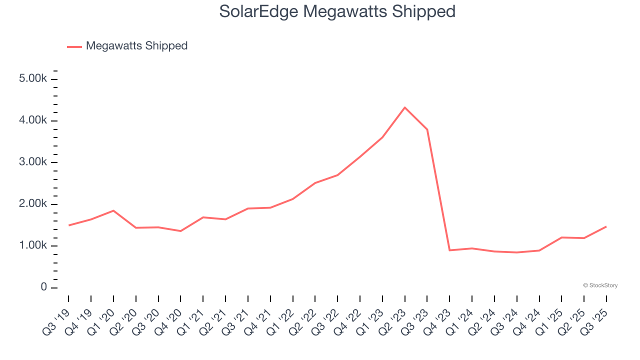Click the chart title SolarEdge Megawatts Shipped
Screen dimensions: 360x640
pyautogui.click(x=337, y=11)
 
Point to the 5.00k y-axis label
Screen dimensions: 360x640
pyautogui.click(x=33, y=79)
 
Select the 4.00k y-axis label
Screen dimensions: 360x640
pyautogui.click(x=33, y=120)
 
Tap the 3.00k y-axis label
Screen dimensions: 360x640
pyautogui.click(x=33, y=162)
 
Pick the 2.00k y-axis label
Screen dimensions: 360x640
pyautogui.click(x=33, y=204)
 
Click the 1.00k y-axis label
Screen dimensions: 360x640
pyautogui.click(x=33, y=245)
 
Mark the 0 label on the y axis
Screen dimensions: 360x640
pyautogui.click(x=44, y=287)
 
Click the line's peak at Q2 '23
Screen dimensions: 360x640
pyautogui.click(x=404, y=107)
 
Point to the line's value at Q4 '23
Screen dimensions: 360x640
pyautogui.click(x=449, y=250)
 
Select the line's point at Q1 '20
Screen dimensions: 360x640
pyautogui.click(x=113, y=210)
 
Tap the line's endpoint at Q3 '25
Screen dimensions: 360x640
pyautogui.click(x=606, y=226)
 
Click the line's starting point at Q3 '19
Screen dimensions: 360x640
pyautogui.click(x=68, y=225)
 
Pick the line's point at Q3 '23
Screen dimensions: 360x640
pyautogui.click(x=427, y=129)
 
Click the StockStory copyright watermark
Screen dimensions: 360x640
pyautogui.click(x=600, y=285)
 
